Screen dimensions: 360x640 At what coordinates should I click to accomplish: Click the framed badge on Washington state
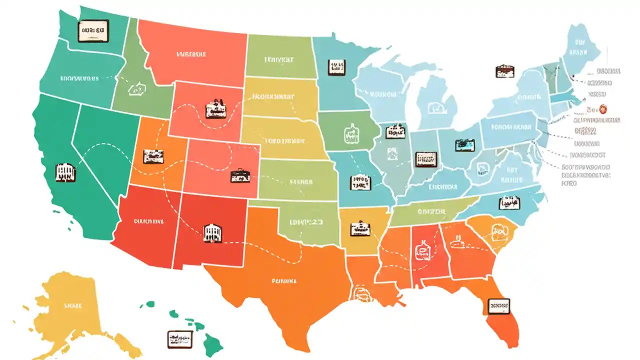(x=93, y=30)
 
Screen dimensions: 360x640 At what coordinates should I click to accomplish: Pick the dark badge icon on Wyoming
(x=216, y=108)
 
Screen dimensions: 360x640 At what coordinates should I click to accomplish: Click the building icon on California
(x=65, y=171)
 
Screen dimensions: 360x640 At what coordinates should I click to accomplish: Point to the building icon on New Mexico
(x=213, y=233)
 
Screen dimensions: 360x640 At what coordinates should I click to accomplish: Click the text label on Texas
(x=284, y=281)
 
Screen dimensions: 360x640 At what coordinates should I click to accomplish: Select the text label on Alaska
(x=72, y=304)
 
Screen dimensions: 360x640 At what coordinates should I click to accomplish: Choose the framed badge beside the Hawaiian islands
(x=180, y=338)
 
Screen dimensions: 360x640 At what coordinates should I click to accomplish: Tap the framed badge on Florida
(x=498, y=305)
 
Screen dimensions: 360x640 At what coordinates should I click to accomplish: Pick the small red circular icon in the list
(x=602, y=109)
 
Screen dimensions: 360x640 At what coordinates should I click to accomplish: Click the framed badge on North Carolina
(x=509, y=203)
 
